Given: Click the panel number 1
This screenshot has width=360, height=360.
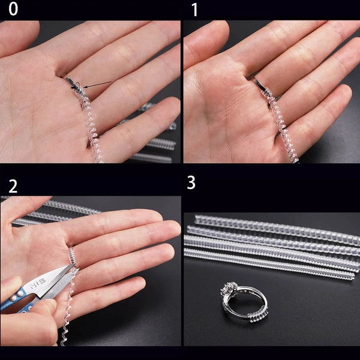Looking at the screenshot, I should [x=194, y=10].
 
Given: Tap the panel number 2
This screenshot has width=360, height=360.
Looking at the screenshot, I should [x=13, y=185].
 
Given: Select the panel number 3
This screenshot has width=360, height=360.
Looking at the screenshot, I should [x=191, y=182].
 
